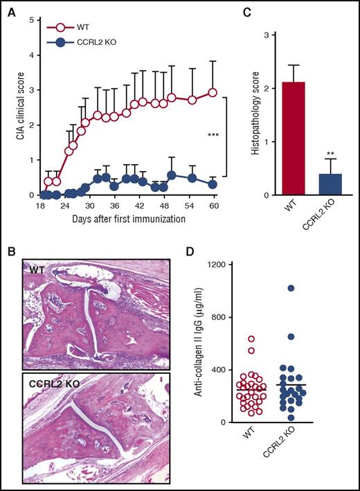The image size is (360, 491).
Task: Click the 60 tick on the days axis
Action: click(x=214, y=206)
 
